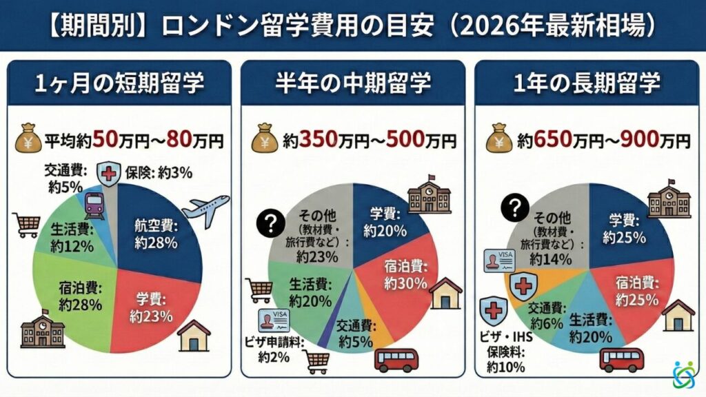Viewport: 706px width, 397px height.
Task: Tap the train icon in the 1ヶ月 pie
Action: click(94, 205)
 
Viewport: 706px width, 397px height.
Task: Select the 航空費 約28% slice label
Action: click(157, 235)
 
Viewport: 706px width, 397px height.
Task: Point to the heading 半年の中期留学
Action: click(353, 84)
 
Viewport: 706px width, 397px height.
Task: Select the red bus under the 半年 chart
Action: click(396, 360)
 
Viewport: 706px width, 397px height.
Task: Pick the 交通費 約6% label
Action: click(549, 315)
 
